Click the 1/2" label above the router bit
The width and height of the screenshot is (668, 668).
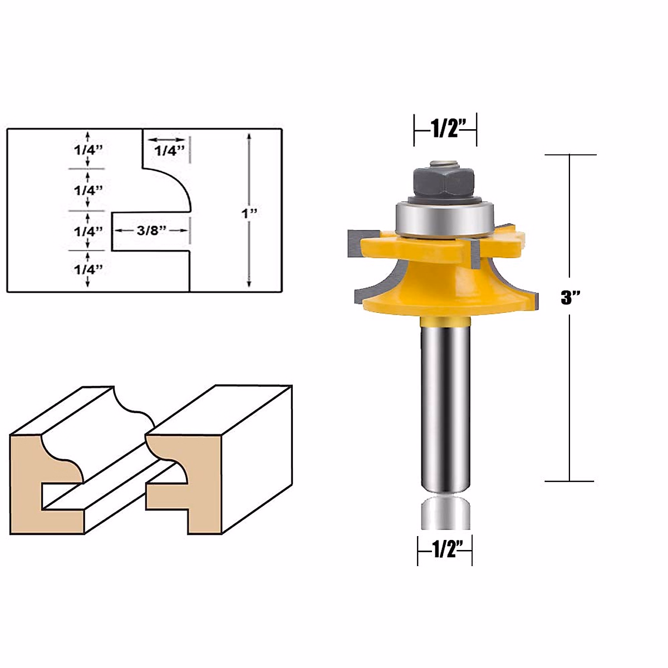coord(445,129)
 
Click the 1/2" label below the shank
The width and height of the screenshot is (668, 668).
coord(445,550)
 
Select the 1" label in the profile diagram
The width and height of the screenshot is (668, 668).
coord(247,213)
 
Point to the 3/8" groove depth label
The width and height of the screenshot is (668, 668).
coord(151,230)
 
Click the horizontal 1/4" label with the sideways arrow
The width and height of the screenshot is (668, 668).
coord(169,150)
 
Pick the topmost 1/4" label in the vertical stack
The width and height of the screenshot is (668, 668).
coord(89,149)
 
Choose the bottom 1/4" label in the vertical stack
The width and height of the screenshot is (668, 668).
coord(89,269)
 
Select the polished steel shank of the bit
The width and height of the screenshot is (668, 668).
coord(444,406)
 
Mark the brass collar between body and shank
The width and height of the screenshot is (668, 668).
coord(444,321)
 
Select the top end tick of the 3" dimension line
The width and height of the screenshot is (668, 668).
coord(569,155)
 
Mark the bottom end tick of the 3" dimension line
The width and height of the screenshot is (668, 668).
coord(569,481)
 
